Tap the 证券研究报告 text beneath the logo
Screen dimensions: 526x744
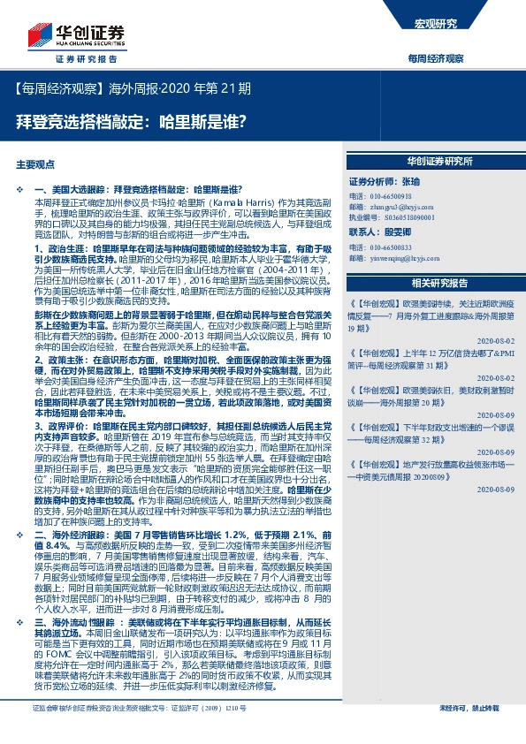click(x=86, y=59)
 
